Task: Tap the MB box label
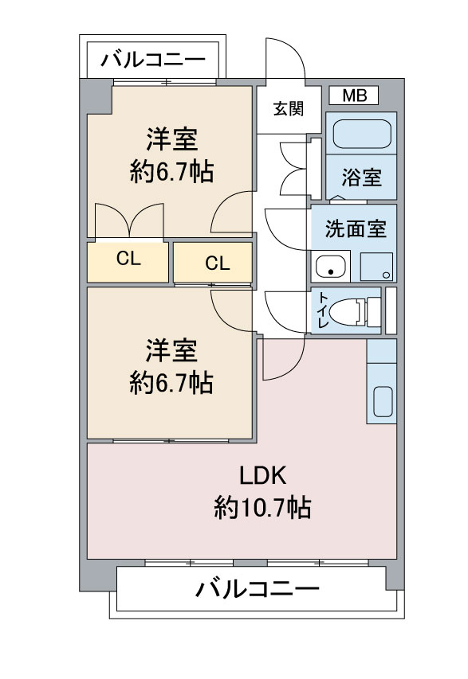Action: pyautogui.click(x=354, y=96)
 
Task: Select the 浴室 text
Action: pyautogui.click(x=361, y=177)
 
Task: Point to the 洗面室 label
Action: pyautogui.click(x=355, y=229)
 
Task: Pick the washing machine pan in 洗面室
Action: pyautogui.click(x=376, y=267)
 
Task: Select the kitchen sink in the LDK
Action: pyautogui.click(x=382, y=402)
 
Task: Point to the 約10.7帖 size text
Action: pyautogui.click(x=262, y=506)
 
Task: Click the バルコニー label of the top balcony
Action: pyautogui.click(x=154, y=59)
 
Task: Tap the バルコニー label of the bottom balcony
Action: pyautogui.click(x=258, y=590)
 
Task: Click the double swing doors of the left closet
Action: pyautogui.click(x=129, y=221)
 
